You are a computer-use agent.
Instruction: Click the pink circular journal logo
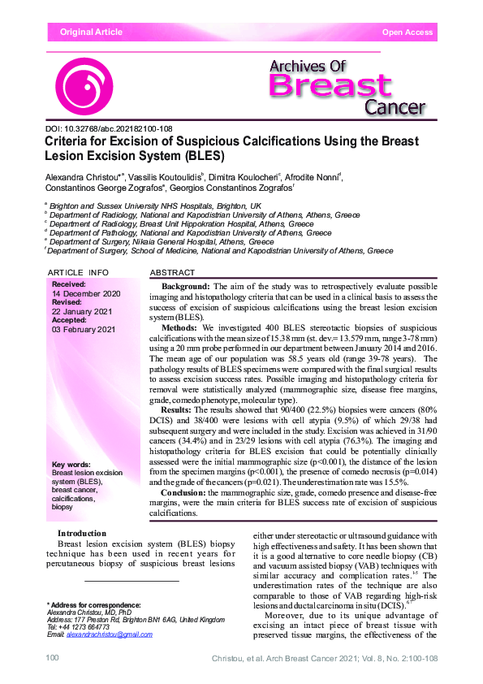pos(84,86)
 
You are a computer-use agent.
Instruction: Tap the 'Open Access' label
pos(407,32)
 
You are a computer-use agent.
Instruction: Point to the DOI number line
pos(108,128)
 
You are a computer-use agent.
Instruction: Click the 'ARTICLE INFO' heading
pos(78,272)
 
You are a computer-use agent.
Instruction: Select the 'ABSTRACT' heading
pos(173,272)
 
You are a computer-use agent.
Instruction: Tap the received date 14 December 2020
pos(86,293)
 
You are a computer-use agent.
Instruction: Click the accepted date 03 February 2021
pos(84,330)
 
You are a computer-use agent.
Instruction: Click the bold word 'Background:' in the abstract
pos(186,288)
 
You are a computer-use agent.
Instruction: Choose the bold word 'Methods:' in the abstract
pos(180,327)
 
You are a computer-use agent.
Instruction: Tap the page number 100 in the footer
pos(54,656)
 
